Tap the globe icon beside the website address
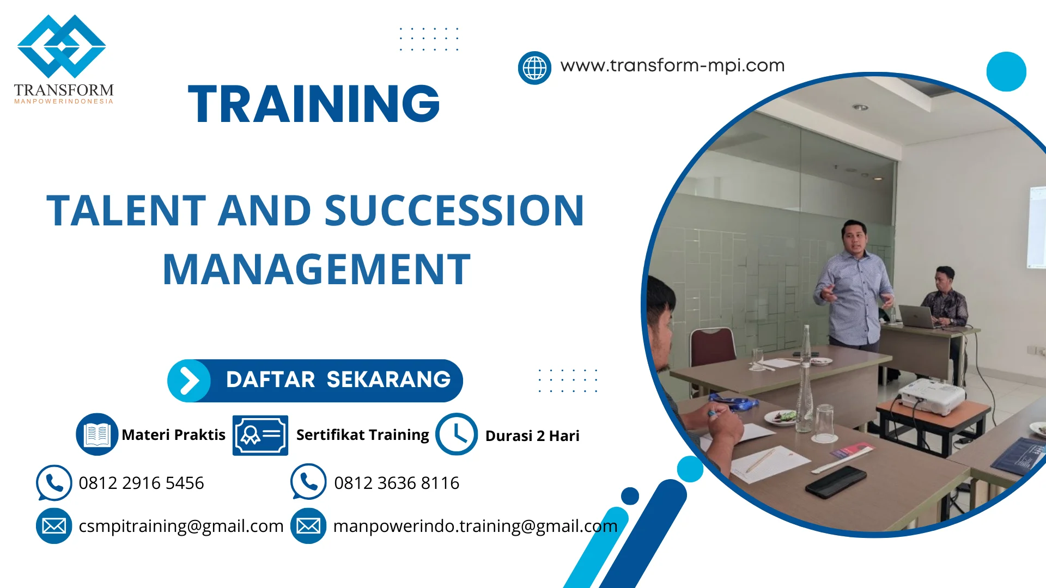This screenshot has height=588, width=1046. (534, 68)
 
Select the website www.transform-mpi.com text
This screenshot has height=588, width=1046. (672, 65)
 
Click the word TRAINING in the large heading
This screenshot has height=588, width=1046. (314, 103)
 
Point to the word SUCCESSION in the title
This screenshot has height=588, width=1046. (454, 211)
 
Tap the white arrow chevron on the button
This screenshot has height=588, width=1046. (189, 381)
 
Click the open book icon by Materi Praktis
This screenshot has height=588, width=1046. (97, 434)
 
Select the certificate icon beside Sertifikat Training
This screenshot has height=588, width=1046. (260, 435)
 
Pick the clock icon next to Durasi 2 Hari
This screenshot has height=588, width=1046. (457, 434)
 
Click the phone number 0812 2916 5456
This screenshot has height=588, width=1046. (141, 483)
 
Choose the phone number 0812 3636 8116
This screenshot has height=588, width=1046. (397, 483)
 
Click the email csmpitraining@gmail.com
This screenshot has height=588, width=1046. (181, 526)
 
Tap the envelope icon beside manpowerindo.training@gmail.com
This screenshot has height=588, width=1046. (308, 526)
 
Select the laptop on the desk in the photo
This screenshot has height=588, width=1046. (919, 316)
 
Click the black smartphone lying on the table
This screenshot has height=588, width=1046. (836, 481)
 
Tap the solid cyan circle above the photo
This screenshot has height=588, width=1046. (1006, 71)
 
